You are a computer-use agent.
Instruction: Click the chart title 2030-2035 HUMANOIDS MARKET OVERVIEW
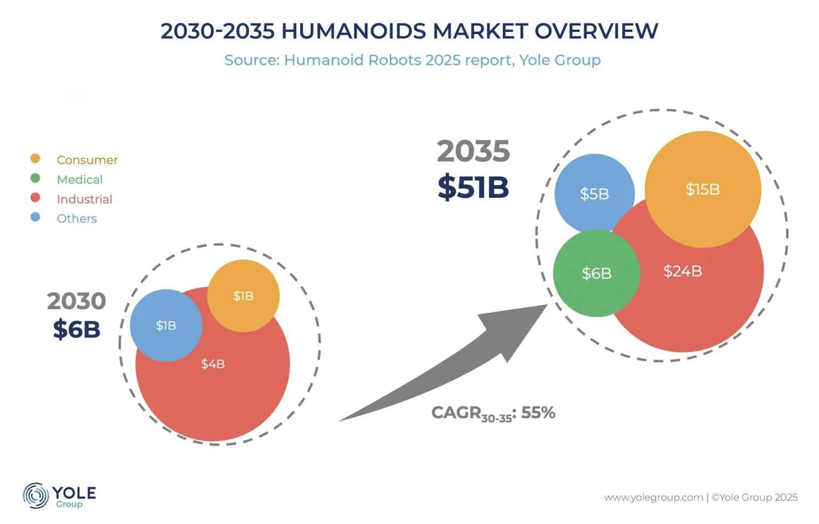click(409, 31)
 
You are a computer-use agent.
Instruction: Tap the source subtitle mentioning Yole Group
click(412, 60)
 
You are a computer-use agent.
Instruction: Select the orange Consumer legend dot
click(36, 159)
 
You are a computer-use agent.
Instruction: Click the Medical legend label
click(79, 179)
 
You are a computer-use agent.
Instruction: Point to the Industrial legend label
click(84, 199)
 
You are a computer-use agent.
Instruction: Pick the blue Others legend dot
click(36, 218)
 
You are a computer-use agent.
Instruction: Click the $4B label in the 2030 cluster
click(212, 364)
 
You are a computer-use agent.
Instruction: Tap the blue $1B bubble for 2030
click(166, 325)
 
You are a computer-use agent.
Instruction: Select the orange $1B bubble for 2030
click(243, 296)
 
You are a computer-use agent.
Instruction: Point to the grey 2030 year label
click(76, 301)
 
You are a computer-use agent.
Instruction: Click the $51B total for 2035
click(473, 186)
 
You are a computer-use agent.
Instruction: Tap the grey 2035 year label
click(473, 152)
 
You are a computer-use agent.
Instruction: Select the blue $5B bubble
click(594, 193)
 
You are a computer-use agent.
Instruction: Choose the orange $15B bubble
click(703, 189)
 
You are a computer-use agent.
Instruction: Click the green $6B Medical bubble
click(596, 274)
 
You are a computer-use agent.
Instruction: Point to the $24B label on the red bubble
click(682, 271)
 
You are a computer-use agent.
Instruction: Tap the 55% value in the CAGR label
click(538, 413)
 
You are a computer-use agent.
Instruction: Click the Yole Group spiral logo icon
click(36, 496)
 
